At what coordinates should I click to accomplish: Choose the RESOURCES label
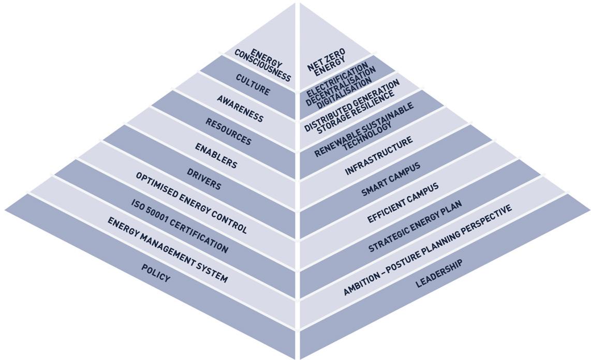228,132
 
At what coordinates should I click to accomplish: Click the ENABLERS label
216,156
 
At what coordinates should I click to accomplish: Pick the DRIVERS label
203,178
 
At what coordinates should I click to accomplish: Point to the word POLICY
155,273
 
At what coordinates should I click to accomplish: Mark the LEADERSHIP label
439,274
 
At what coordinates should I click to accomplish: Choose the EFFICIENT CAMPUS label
403,203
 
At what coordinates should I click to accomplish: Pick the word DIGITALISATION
345,87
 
